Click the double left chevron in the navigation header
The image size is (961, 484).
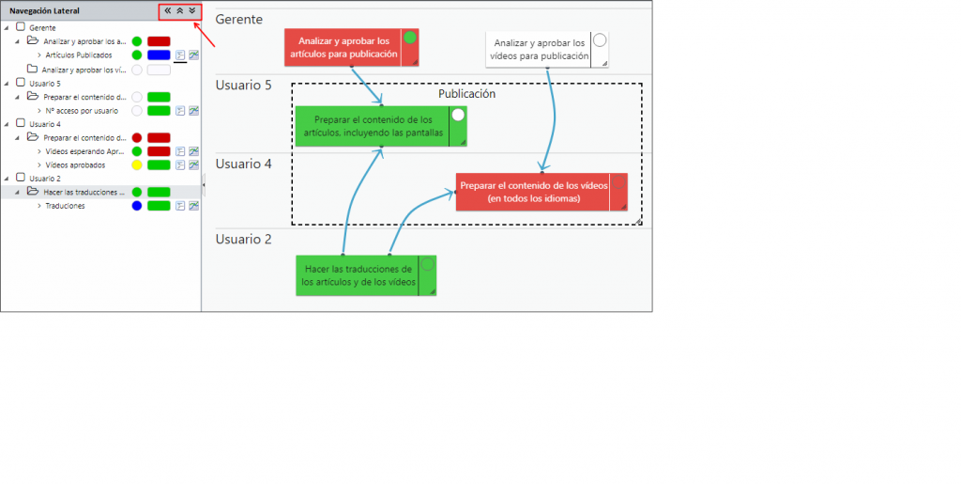pos(167,10)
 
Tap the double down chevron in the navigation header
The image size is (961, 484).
pos(191,10)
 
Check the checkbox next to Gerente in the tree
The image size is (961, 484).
pos(21,27)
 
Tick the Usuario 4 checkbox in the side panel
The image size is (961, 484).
pos(21,123)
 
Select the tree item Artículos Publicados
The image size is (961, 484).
pos(79,55)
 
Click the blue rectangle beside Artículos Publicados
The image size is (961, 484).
pos(159,55)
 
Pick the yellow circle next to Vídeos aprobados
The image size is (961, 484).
pos(137,165)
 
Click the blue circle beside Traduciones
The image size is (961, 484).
pos(137,206)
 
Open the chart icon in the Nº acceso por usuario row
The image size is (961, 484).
pos(193,111)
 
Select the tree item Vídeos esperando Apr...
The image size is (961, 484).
pos(84,151)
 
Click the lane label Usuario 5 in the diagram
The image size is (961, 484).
pos(243,86)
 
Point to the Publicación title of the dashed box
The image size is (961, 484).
pos(466,94)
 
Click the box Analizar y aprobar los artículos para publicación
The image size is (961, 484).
pos(343,47)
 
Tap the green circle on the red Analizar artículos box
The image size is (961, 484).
pos(410,38)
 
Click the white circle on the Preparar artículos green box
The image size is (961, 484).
pos(458,116)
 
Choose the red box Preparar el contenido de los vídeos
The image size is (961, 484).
pos(533,192)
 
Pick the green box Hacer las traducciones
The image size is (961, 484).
pos(358,275)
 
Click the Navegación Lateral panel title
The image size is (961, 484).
pos(44,10)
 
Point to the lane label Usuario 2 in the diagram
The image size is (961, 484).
pos(243,240)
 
